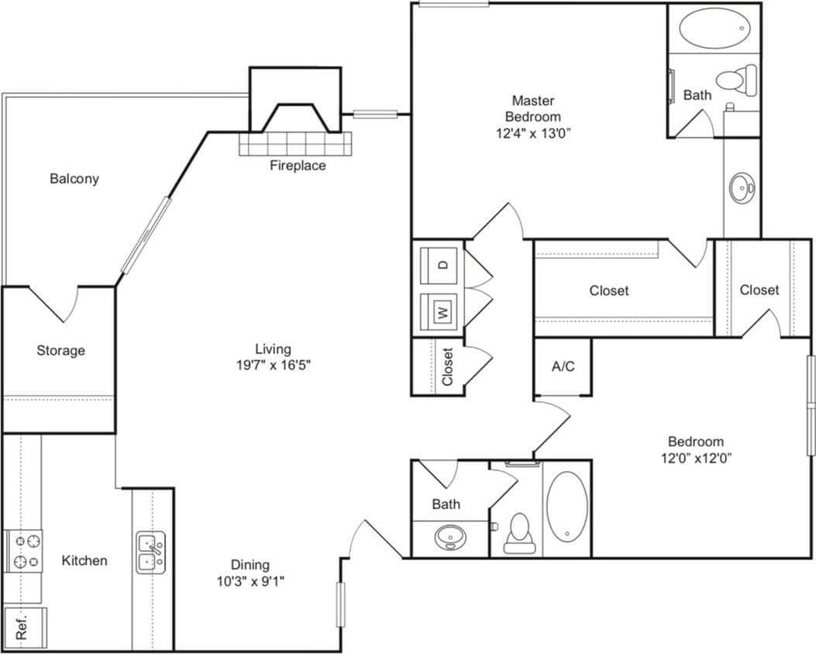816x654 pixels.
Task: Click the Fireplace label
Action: (x=298, y=165)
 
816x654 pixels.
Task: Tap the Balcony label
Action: (x=74, y=179)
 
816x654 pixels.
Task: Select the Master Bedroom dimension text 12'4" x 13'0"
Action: (x=533, y=133)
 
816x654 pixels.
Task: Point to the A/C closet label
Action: (x=563, y=367)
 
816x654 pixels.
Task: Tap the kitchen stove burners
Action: (x=23, y=551)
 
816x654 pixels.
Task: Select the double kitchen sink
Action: (x=150, y=552)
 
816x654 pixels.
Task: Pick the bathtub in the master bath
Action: (x=714, y=29)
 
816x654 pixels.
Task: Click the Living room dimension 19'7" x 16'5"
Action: (x=274, y=365)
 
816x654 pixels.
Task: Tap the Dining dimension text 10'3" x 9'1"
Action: (x=250, y=581)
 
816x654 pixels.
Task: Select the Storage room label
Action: (x=60, y=350)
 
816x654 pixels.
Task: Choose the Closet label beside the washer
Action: (x=447, y=367)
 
